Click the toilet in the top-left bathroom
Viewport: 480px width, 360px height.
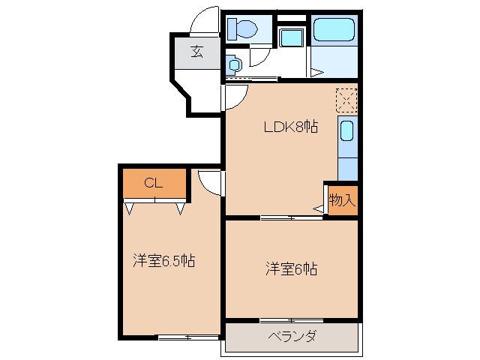242,29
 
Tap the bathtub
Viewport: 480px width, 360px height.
334,31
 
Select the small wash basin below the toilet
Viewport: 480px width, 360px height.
233,65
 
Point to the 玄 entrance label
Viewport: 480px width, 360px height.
197,52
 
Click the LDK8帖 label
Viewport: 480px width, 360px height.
289,127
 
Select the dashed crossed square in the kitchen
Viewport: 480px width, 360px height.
346,100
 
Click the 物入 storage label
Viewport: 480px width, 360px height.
342,200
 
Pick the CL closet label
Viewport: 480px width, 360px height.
153,182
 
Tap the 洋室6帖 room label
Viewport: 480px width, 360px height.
290,268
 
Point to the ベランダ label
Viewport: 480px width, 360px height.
291,336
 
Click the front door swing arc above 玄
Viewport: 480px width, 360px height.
204,22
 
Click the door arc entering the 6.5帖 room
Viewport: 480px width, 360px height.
210,183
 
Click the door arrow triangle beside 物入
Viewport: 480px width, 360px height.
318,210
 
